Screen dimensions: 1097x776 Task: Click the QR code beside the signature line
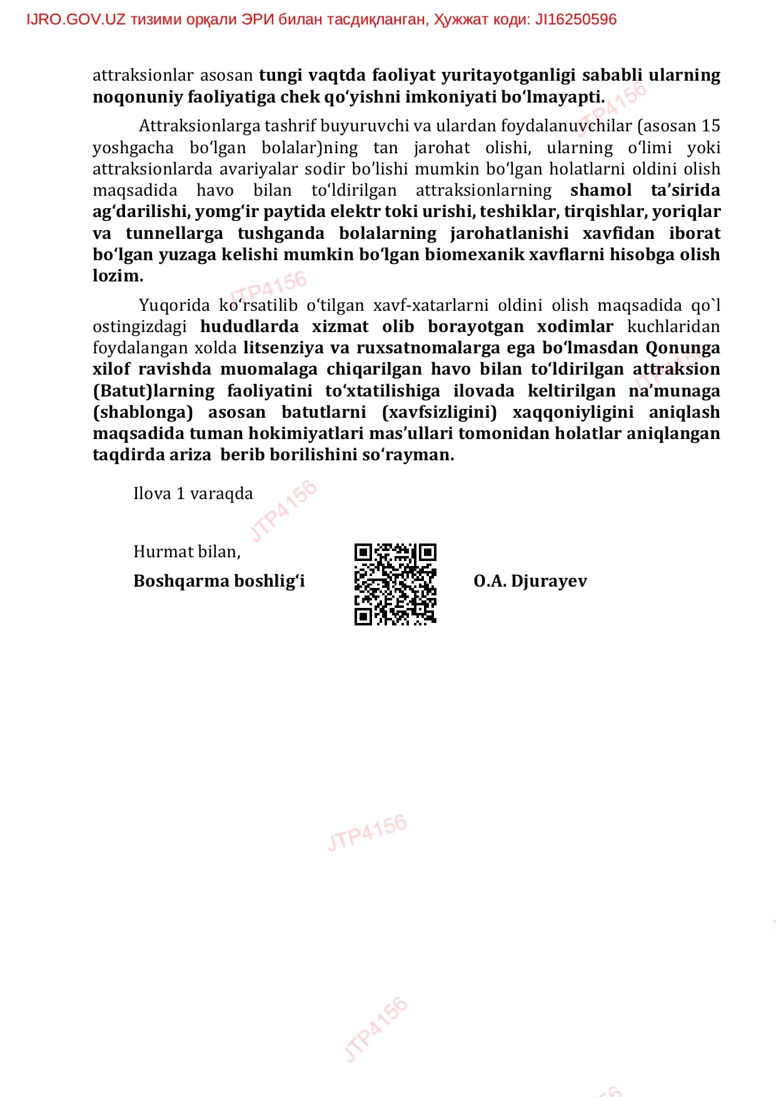click(x=395, y=584)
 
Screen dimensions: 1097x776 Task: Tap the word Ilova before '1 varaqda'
click(x=152, y=493)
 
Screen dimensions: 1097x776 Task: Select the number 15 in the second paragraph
click(x=710, y=126)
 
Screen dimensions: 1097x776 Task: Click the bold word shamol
click(x=601, y=190)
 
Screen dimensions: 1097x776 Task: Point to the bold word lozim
click(x=118, y=276)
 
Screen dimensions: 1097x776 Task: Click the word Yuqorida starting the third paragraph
click(x=174, y=305)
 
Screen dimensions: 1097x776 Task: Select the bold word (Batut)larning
click(x=153, y=391)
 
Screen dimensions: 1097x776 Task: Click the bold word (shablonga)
click(x=143, y=412)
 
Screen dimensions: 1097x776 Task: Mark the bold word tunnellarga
click(x=174, y=233)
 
